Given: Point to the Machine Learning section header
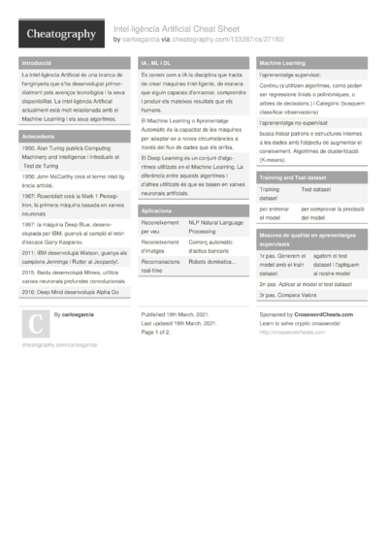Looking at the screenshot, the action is pyautogui.click(x=282, y=62).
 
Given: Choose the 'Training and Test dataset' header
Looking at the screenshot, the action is pyautogui.click(x=291, y=178).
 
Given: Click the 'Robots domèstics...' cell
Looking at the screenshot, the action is pyautogui.click(x=213, y=262).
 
